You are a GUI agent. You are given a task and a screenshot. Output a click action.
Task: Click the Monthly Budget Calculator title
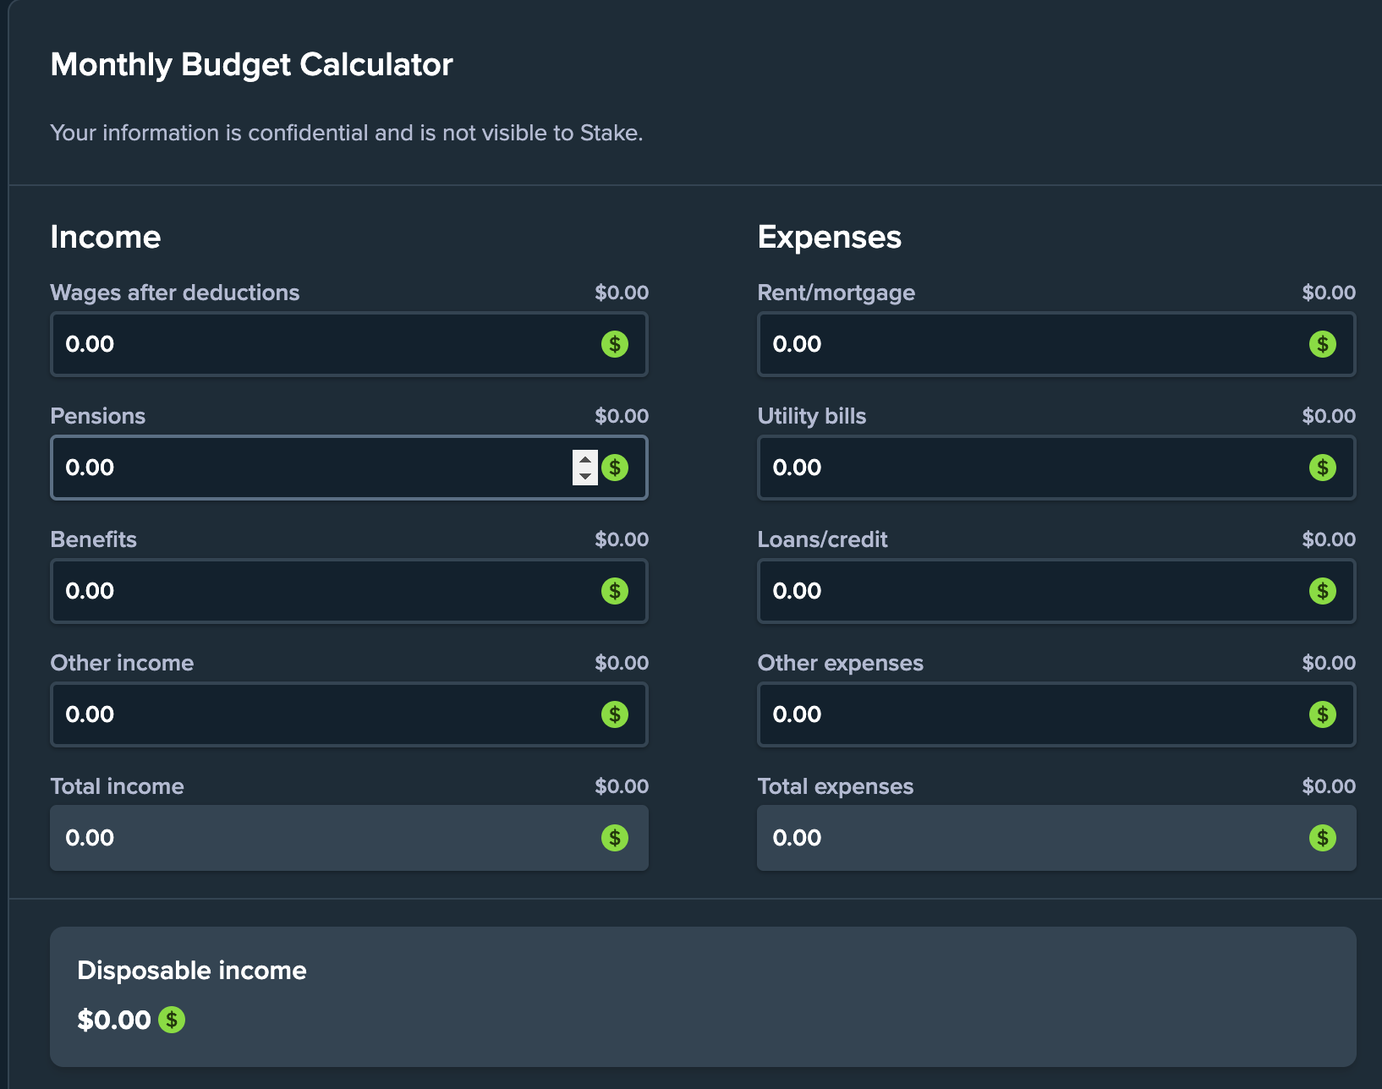tap(251, 65)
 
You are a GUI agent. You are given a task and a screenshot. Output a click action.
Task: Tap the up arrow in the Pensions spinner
tap(584, 459)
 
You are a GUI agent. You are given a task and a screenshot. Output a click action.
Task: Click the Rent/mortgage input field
tap(1032, 344)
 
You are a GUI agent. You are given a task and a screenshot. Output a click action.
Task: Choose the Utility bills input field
tap(1032, 468)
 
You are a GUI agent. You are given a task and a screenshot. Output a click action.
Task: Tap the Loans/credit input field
tap(1032, 591)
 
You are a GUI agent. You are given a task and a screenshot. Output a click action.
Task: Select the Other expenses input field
tap(1032, 714)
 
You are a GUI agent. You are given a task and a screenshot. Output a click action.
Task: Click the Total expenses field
tap(1032, 838)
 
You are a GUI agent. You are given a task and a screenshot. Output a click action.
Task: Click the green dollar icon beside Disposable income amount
tap(172, 1020)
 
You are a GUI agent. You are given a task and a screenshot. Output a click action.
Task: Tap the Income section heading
tap(105, 237)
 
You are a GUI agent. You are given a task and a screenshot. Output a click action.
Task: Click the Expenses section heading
tap(829, 237)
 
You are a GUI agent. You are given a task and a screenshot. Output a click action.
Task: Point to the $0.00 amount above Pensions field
tap(621, 416)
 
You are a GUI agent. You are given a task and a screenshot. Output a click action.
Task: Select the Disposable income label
tap(191, 970)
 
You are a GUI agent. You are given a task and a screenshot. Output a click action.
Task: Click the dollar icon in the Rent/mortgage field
tap(1322, 344)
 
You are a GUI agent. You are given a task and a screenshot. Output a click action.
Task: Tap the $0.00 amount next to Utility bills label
tap(1328, 416)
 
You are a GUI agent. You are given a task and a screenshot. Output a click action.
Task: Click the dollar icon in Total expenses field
tap(1322, 838)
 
